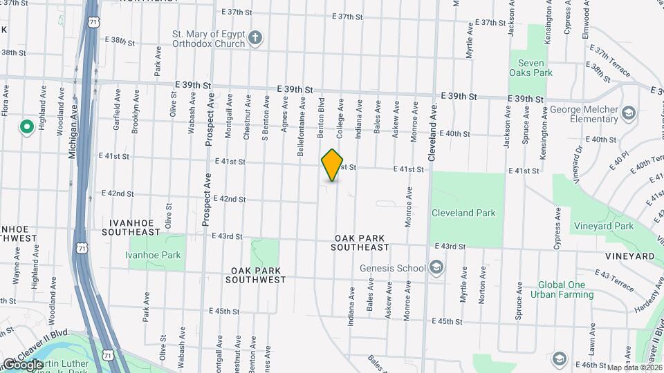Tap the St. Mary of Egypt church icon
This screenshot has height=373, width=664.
tap(256, 37)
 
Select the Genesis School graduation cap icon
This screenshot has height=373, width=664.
tap(436, 267)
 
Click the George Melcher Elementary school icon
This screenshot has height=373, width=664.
tap(629, 113)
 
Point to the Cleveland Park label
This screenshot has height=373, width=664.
tap(463, 213)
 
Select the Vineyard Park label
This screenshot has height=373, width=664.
tap(604, 226)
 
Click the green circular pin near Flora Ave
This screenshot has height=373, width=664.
tap(27, 127)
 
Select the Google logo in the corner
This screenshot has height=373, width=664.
tap(23, 364)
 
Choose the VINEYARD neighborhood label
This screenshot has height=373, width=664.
tap(629, 256)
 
